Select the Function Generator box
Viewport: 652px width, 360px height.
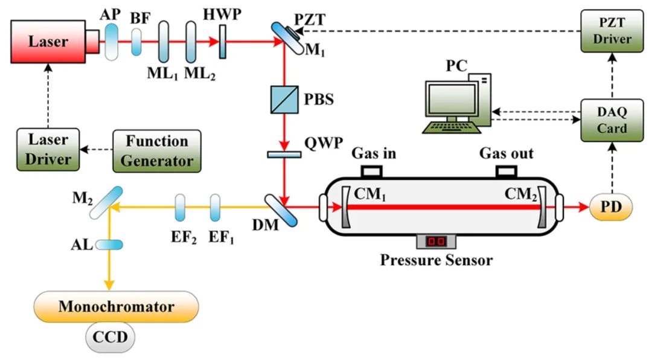156,150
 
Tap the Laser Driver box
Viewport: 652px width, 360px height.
48,150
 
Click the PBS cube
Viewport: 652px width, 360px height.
283,99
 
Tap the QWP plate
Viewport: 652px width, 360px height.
284,155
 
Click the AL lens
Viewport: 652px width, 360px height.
109,245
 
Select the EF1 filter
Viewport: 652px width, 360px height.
216,208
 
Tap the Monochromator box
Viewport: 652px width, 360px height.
117,306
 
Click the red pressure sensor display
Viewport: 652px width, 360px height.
435,241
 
